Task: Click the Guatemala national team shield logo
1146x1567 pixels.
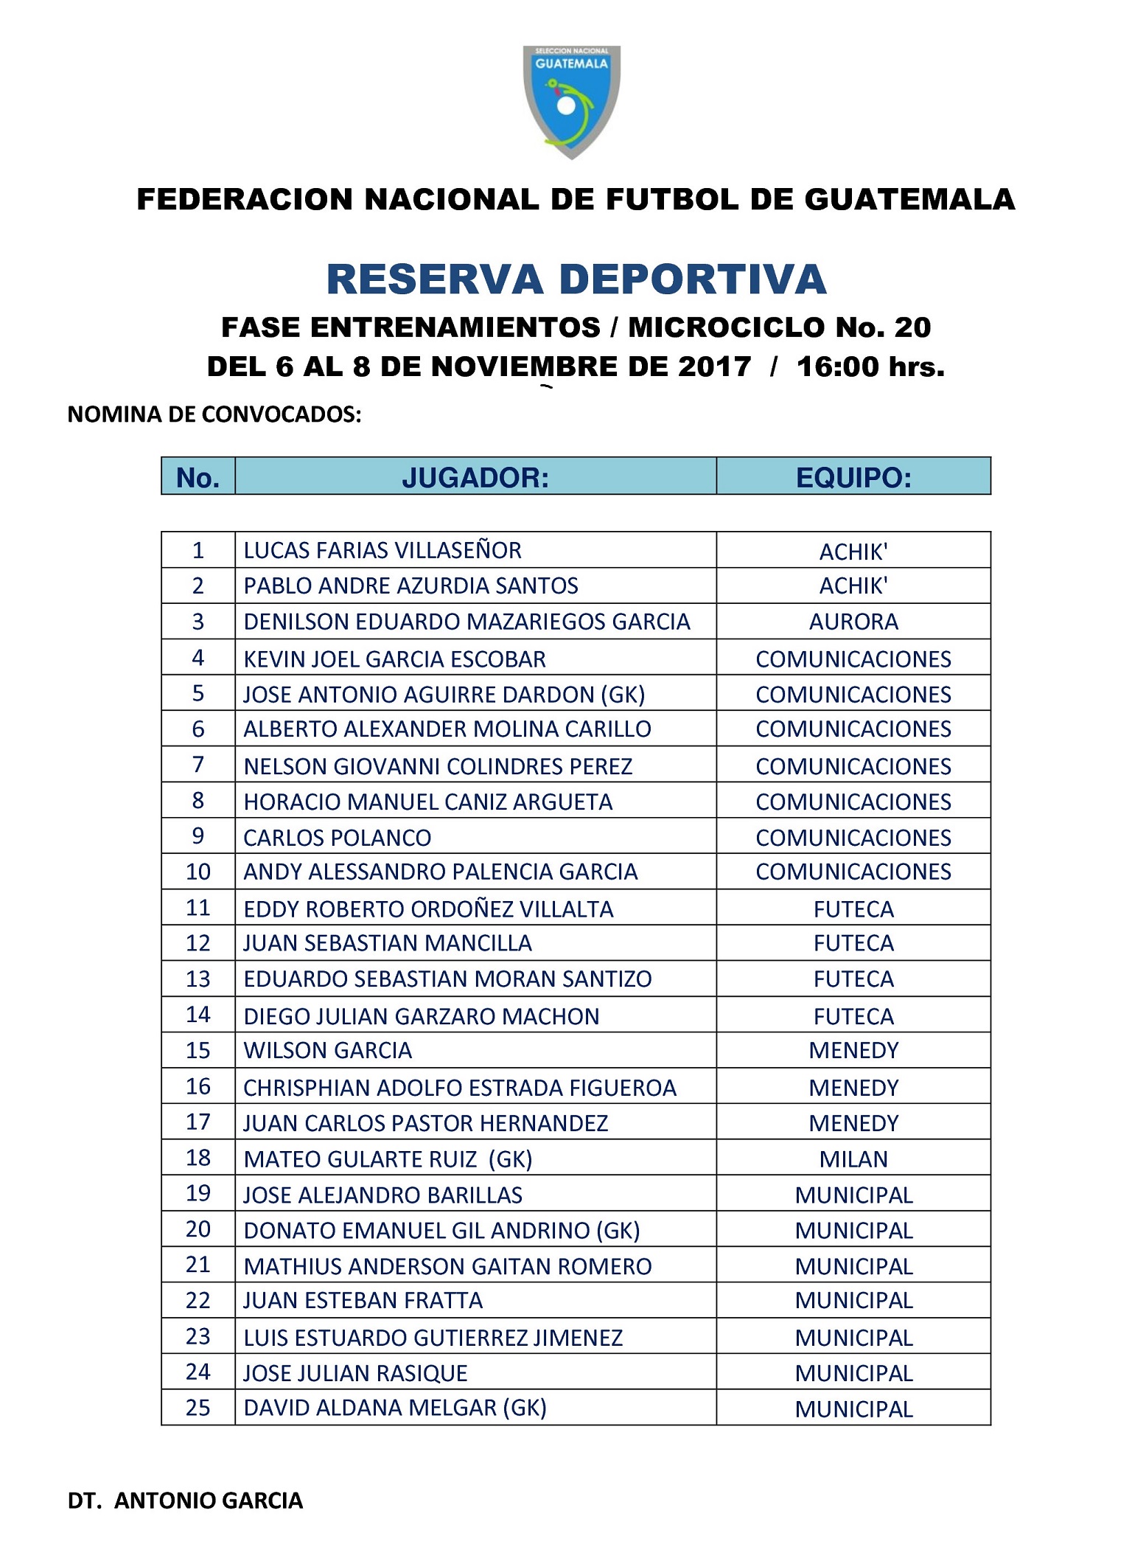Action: coord(571,101)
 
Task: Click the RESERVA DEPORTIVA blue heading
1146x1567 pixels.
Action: coord(576,279)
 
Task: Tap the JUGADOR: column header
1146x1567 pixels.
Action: coord(475,478)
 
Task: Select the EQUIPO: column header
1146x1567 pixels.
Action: coord(853,478)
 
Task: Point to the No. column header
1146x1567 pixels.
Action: coord(198,478)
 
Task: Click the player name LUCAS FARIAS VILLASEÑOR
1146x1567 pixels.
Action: coord(382,550)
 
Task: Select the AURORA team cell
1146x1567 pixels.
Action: coord(853,622)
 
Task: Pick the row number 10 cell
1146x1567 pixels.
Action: coord(198,872)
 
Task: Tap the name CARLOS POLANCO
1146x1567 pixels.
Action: coord(337,838)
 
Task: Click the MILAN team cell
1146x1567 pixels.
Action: coord(853,1159)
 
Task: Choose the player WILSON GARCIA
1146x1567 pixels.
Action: coord(327,1050)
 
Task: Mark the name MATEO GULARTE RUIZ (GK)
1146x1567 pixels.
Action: coord(388,1159)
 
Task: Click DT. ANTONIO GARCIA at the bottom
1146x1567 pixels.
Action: coord(185,1501)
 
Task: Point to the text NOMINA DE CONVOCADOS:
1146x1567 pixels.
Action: coord(214,414)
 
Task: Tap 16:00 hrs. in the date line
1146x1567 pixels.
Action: coord(870,366)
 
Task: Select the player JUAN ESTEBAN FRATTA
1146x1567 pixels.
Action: coord(363,1300)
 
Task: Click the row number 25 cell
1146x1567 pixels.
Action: coord(198,1407)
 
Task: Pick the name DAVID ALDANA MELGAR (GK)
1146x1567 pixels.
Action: coord(395,1407)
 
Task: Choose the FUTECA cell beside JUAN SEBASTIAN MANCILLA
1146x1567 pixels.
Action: coord(853,943)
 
